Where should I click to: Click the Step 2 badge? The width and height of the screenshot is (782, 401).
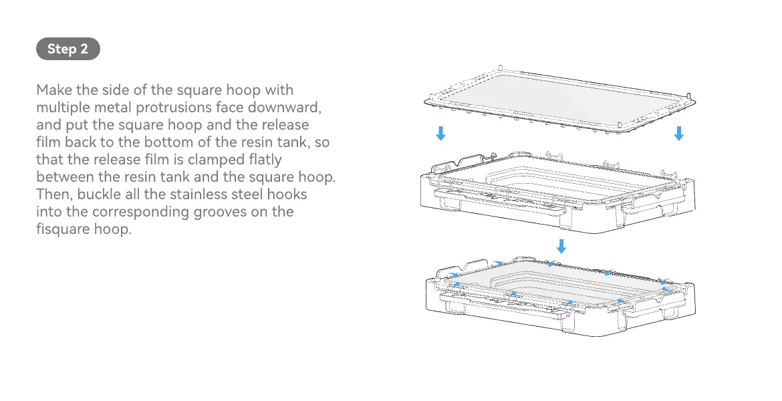(x=68, y=49)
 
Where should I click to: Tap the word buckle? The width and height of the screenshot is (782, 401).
(x=101, y=194)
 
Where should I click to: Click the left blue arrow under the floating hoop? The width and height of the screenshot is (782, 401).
(x=440, y=134)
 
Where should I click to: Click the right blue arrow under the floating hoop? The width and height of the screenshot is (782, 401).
(x=679, y=134)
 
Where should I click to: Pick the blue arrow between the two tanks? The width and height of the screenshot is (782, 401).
(x=561, y=246)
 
